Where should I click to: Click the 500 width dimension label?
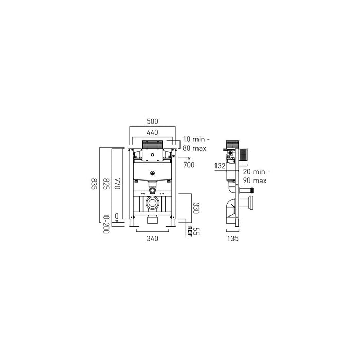(x=152, y=121)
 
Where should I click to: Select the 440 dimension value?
(x=152, y=132)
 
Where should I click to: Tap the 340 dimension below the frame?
(x=152, y=238)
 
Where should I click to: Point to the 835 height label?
(x=94, y=184)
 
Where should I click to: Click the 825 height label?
(x=106, y=184)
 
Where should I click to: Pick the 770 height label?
(x=117, y=184)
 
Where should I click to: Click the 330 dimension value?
(x=195, y=208)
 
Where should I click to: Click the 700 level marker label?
(x=188, y=165)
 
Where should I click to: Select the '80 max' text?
(x=194, y=148)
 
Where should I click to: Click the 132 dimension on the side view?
(x=221, y=165)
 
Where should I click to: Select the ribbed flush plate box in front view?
(x=152, y=142)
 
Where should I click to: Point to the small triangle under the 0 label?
(x=117, y=222)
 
